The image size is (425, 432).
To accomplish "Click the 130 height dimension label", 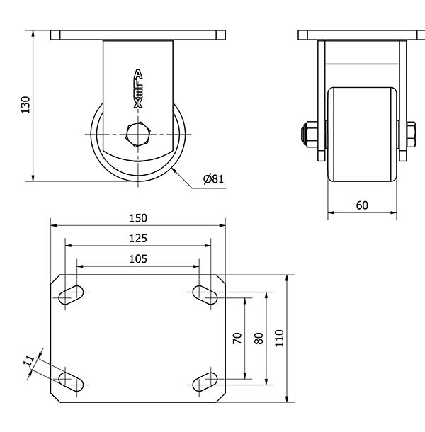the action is (x=25, y=105).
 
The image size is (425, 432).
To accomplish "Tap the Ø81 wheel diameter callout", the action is (x=213, y=178).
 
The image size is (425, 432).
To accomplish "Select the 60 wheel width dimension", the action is (x=362, y=205).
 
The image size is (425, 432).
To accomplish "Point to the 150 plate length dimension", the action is (x=138, y=218).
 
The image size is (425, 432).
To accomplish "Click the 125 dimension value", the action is (x=138, y=239).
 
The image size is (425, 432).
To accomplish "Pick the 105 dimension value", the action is (x=138, y=259).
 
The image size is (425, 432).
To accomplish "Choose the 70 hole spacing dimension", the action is (x=237, y=338).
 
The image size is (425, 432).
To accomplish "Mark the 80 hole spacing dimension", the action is (x=259, y=338).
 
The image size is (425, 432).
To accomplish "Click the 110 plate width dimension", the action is (x=279, y=338).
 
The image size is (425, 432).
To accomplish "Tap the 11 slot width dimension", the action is (x=29, y=360).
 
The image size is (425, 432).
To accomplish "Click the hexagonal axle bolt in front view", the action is (x=138, y=134).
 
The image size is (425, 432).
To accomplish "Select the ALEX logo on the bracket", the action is (x=138, y=89).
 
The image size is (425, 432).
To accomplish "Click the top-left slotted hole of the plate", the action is (x=71, y=295).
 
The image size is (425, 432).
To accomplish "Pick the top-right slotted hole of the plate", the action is (x=205, y=295).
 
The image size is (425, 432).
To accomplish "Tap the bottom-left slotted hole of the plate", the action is (x=71, y=382).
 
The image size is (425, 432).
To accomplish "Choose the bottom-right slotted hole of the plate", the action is (x=205, y=382).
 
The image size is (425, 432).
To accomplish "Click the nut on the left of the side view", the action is (x=310, y=134).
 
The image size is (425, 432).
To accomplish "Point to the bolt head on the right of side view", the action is (x=411, y=134).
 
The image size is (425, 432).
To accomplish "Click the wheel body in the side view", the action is (x=362, y=135).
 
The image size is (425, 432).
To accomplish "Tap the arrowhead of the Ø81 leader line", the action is (x=173, y=170).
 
